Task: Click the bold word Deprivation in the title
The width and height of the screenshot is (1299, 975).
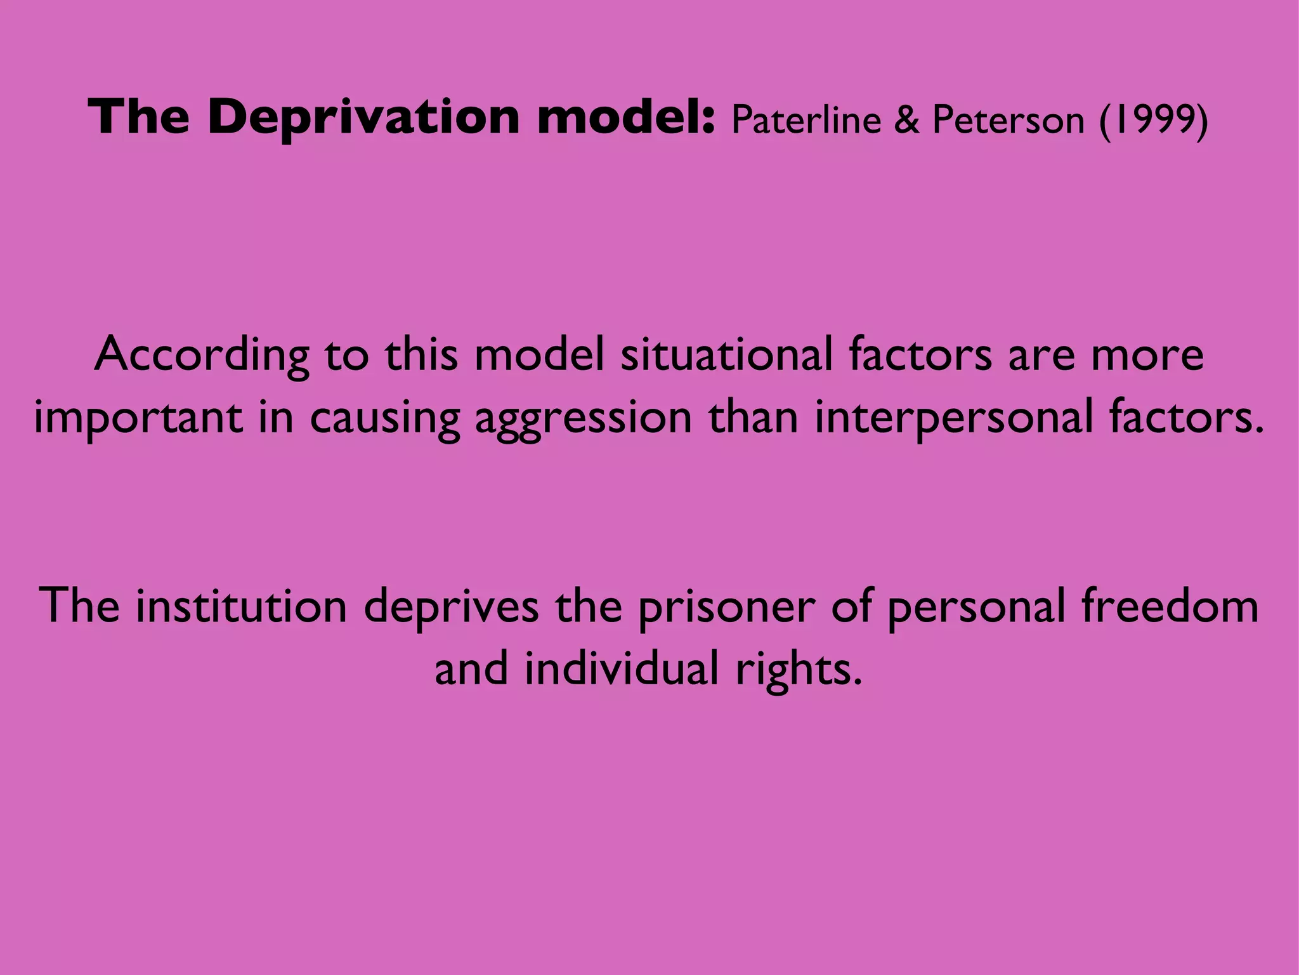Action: pos(363,118)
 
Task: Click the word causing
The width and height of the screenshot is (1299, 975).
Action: pos(384,419)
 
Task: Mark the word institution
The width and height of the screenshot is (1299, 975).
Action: pos(241,606)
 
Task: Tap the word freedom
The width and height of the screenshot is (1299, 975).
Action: pos(1170,606)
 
